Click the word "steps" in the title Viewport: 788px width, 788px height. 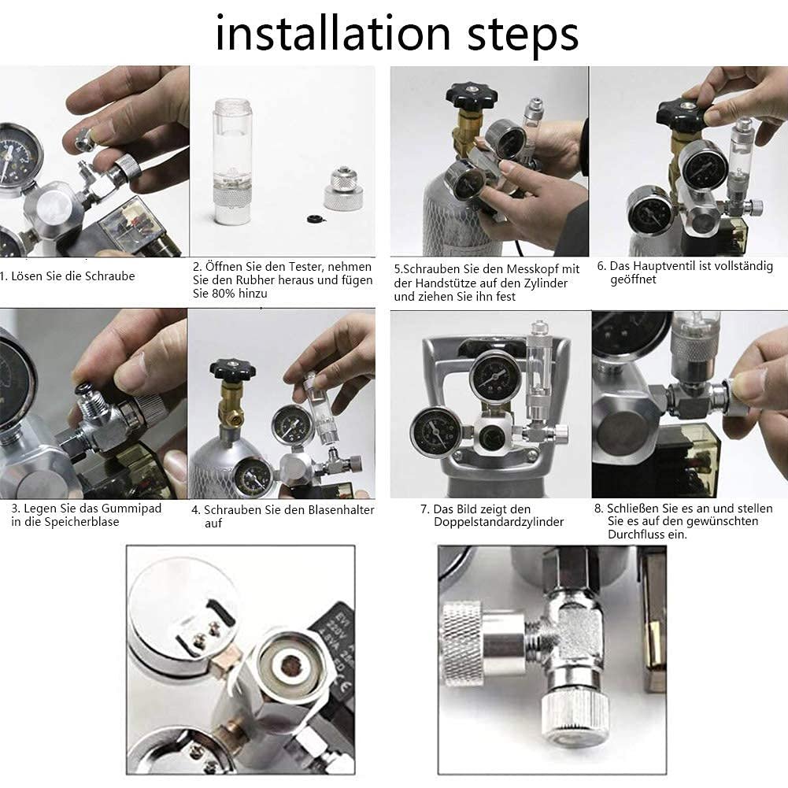click(x=523, y=36)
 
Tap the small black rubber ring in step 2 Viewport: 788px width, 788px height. click(x=314, y=219)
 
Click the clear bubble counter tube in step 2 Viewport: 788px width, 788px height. click(x=231, y=161)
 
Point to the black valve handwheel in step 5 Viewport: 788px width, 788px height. click(x=472, y=94)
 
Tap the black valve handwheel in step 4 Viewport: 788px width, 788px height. click(x=232, y=369)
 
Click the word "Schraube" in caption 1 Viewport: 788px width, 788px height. click(x=109, y=276)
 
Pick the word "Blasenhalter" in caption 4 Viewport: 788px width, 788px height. click(x=341, y=509)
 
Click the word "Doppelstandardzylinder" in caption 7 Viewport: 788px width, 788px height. click(x=498, y=522)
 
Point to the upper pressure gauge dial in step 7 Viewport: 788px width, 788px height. click(x=494, y=377)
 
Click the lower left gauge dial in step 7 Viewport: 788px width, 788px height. click(x=435, y=433)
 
